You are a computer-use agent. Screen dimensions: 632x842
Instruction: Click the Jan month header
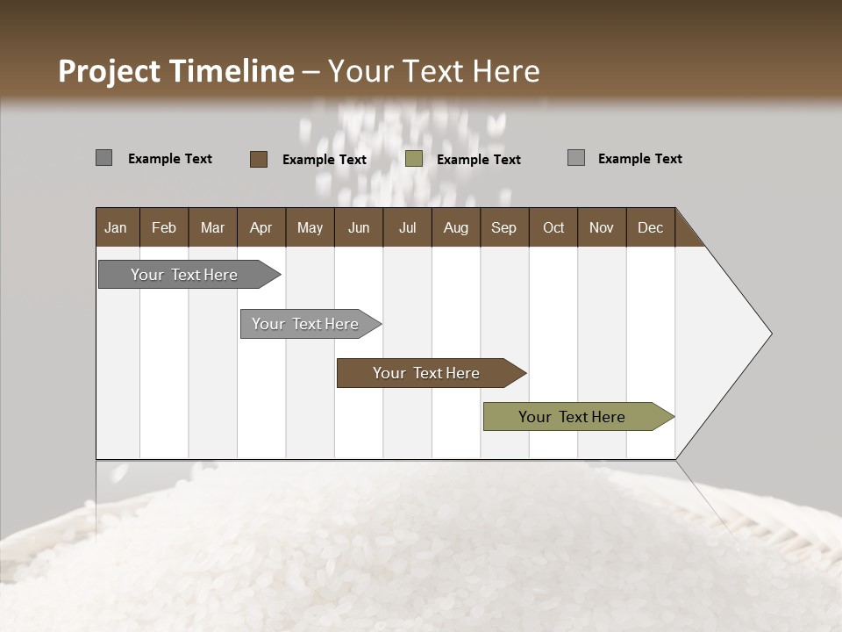[x=116, y=227]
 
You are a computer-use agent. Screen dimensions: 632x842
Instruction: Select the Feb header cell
[x=164, y=227]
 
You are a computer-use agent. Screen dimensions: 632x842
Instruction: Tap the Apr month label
[x=260, y=227]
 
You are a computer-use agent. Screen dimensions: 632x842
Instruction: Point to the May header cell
[x=310, y=227]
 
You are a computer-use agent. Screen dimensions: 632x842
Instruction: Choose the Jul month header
[x=407, y=227]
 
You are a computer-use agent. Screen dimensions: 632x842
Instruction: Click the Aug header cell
[x=455, y=227]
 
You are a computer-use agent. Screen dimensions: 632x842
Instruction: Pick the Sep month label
[x=503, y=227]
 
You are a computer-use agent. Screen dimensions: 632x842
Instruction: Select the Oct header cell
[x=553, y=227]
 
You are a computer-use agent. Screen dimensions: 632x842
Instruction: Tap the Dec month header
[x=650, y=227]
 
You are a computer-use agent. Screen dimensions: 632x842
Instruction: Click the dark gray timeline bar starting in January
[x=184, y=275]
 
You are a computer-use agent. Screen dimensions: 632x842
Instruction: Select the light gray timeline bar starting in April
[x=305, y=324]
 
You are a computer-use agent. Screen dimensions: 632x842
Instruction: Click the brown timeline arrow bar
[x=426, y=373]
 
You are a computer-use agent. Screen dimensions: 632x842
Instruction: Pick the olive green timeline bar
[x=572, y=417]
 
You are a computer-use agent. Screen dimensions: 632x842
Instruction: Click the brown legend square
[x=258, y=159]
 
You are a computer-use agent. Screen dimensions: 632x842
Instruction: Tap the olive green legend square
[x=414, y=159]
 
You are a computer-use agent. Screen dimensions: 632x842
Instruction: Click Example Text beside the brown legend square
[x=325, y=160]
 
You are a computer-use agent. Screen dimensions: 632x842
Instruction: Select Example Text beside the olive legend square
[x=479, y=160]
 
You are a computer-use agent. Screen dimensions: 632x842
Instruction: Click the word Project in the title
[x=111, y=71]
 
